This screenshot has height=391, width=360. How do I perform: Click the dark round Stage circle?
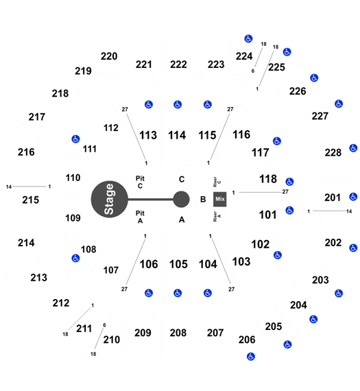tap(110, 199)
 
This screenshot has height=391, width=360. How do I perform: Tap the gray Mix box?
tap(220, 199)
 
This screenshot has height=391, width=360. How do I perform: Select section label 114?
tap(177, 135)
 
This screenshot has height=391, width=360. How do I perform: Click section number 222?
tap(178, 64)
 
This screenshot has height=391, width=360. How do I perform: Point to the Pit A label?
tap(140, 217)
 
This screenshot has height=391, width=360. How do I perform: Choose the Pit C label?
tap(140, 182)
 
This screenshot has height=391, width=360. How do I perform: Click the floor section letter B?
tap(203, 199)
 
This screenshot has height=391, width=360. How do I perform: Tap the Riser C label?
tap(217, 182)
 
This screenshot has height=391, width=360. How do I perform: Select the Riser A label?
tap(217, 217)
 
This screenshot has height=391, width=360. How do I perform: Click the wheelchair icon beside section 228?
tap(353, 148)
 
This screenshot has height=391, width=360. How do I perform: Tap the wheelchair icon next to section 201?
tap(353, 197)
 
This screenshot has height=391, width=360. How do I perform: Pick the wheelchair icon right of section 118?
tap(289, 182)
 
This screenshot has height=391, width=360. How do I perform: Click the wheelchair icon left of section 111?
tap(75, 139)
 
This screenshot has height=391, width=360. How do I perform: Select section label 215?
tap(31, 200)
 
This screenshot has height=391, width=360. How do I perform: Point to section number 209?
tap(143, 333)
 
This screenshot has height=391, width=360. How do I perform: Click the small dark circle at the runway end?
tap(181, 199)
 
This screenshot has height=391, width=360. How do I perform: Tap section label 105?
tap(178, 264)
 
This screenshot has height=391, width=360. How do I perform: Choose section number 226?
tap(298, 91)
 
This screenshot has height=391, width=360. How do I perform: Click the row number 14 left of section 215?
tap(9, 187)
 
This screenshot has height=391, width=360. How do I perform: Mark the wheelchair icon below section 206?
tap(251, 357)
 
